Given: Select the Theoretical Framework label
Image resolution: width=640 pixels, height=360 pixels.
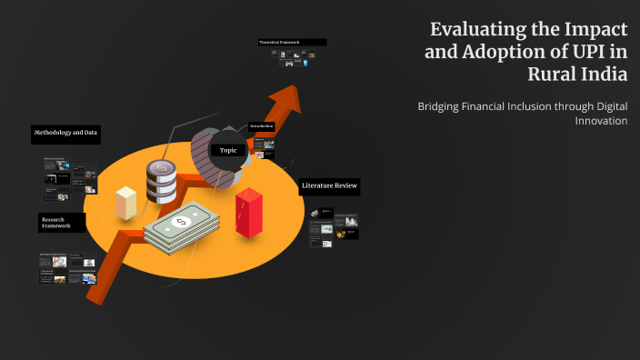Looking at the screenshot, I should coord(291,43).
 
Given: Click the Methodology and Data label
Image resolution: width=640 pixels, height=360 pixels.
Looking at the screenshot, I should coord(65,134).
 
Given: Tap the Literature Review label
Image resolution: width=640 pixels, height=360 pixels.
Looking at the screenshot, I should coord(330,186).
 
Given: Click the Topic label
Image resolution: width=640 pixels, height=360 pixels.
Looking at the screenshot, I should coord(228,150).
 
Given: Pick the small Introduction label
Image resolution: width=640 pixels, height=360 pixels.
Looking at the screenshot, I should coord(262,126).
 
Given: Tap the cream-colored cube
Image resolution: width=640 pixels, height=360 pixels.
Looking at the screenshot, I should coord(125,201).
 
